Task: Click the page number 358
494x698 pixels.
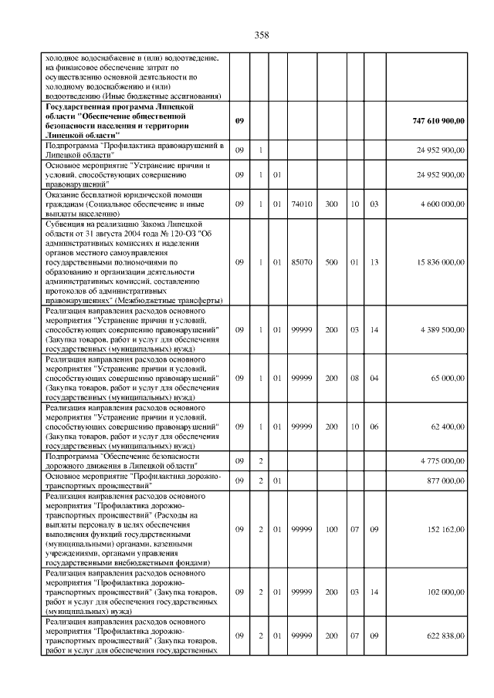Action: pyautogui.click(x=261, y=35)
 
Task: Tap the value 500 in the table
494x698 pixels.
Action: pyautogui.click(x=332, y=262)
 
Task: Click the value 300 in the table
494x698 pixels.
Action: pyautogui.click(x=332, y=204)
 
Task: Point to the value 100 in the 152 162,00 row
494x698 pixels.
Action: pyautogui.click(x=332, y=528)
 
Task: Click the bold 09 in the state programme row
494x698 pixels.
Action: pyautogui.click(x=239, y=122)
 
